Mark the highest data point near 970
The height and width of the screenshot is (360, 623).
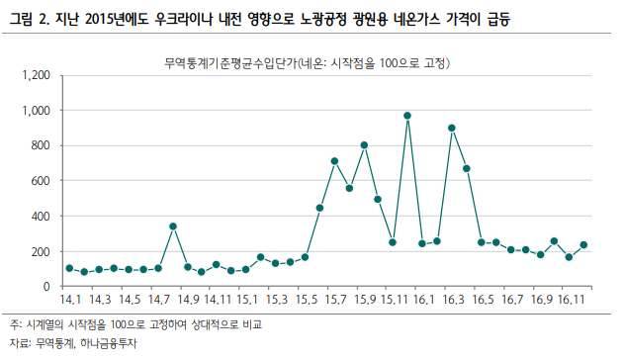tap(407, 116)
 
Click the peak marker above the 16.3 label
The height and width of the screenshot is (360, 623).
tap(452, 128)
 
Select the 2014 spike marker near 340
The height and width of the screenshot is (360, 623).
tap(172, 226)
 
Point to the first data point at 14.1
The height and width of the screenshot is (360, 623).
tap(69, 268)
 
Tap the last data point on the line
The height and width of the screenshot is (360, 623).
tap(583, 244)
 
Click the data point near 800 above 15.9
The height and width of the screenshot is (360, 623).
tap(364, 145)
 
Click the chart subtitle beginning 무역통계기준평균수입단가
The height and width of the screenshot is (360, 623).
tap(308, 64)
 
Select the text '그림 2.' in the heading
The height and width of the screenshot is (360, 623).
tap(27, 18)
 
